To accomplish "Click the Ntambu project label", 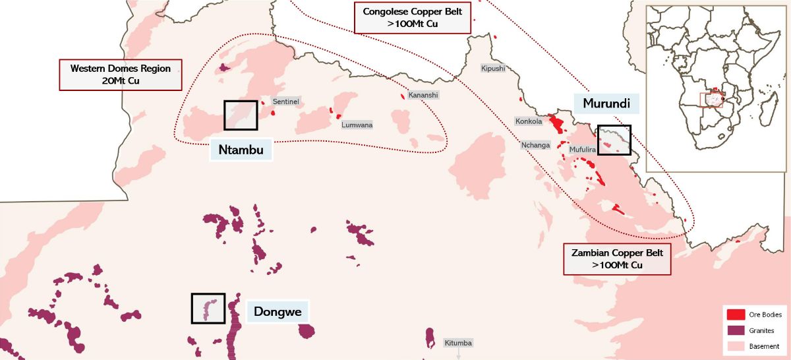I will pos(241,150).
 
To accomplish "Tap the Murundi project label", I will pos(606,104).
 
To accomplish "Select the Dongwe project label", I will pos(278,312).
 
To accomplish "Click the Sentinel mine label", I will pos(286,102).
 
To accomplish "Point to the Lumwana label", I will pos(357,125).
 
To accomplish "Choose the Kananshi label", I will pos(423,95).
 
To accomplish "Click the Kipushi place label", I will pos(492,68).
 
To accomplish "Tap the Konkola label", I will pos(529,121).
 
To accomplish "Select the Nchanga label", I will pos(535,145).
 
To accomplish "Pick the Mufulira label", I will pos(583,150).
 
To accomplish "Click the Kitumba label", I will pos(458,343).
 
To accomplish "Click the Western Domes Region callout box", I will pos(121,75).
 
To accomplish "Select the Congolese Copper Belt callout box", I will pos(413,18).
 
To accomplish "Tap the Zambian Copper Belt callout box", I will pos(617,259).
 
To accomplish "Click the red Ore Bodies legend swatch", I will pos(736,315).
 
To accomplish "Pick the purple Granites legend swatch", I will pos(736,330).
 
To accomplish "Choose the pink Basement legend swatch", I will pos(736,346).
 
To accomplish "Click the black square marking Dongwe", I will pos(208,309).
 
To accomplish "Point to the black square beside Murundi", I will pos(614,140).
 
